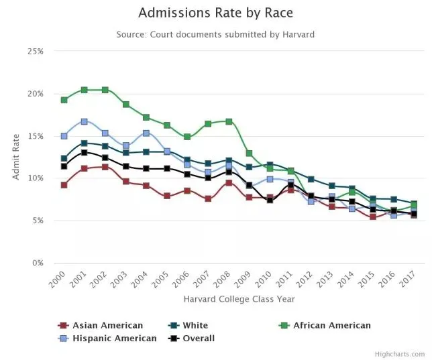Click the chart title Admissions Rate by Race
click(215, 13)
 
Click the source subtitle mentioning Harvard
click(215, 34)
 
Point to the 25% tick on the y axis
click(35, 52)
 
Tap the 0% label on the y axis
click(38, 263)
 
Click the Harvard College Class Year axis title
click(238, 299)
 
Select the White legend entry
click(195, 325)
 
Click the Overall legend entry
click(198, 338)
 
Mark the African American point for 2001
click(85, 90)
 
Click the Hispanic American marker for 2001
click(85, 121)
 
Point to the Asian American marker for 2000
click(64, 185)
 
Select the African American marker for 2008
click(229, 121)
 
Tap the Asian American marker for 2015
click(372, 217)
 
